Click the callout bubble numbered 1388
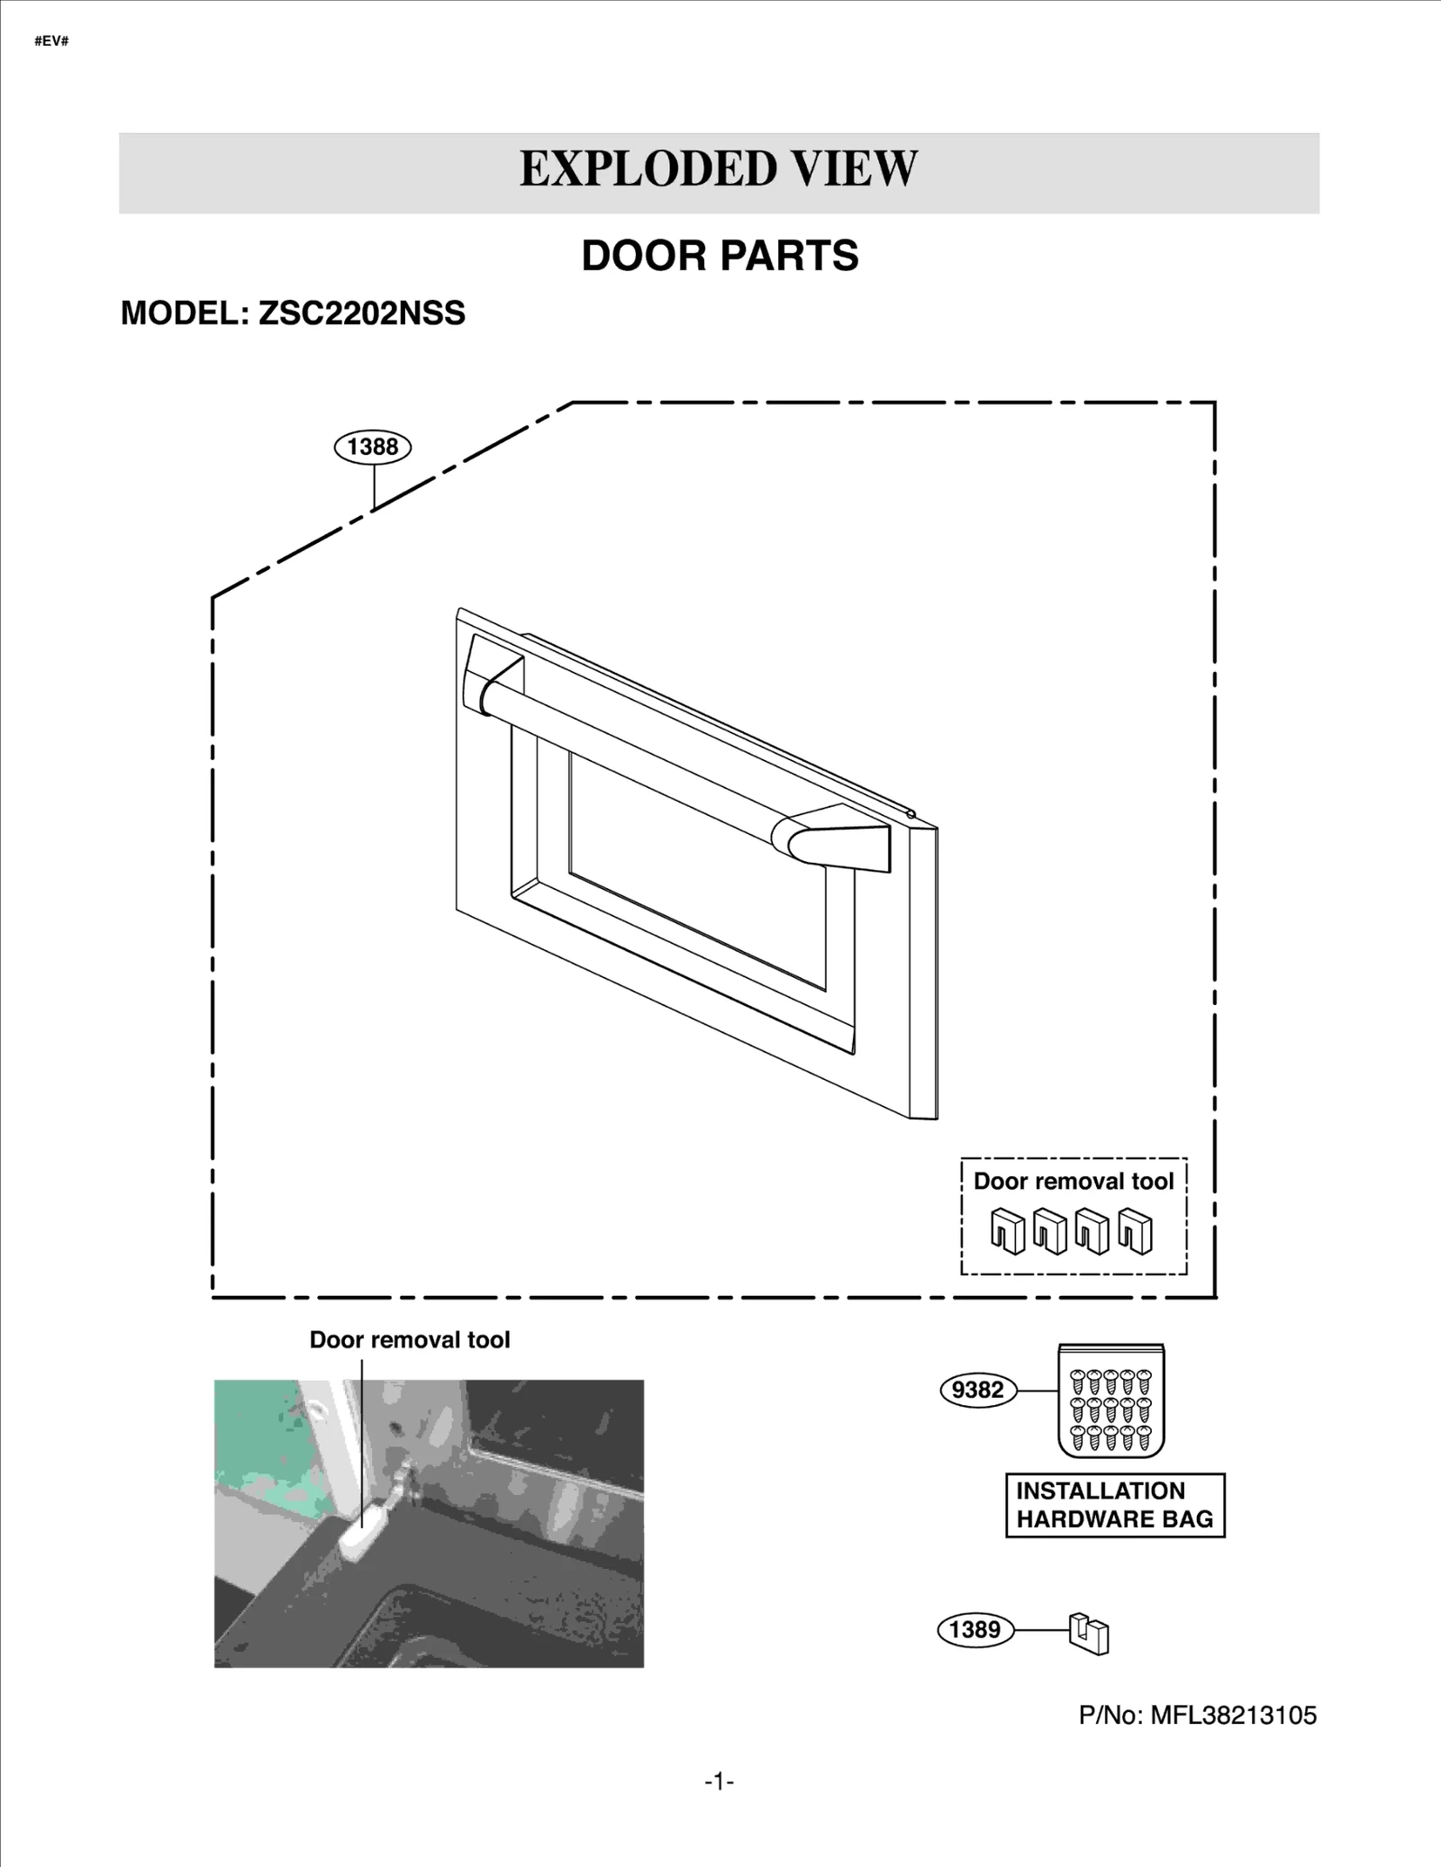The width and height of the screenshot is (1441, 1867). coord(372,447)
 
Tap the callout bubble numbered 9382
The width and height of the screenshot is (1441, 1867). coord(977,1390)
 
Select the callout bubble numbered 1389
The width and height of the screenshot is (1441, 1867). coord(975,1629)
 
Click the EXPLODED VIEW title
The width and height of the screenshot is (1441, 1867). coord(719,169)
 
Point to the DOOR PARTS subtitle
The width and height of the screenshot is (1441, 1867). coord(720,256)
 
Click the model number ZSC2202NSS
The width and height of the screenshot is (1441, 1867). coord(361,313)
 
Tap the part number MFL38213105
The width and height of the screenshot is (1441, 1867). coord(1233,1715)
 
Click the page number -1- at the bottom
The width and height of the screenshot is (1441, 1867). coord(719,1781)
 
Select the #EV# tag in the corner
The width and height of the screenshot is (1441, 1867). coord(51,42)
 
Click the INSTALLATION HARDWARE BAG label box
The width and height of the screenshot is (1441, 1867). coord(1115,1505)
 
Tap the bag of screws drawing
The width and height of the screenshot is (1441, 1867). coord(1110,1401)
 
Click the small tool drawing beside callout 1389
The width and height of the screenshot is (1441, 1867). coord(1089,1633)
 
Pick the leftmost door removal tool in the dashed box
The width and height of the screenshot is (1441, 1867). coord(1008,1230)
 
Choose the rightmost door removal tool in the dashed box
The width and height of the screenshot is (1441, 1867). coord(1135,1230)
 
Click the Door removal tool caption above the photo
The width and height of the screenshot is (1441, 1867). coord(410,1339)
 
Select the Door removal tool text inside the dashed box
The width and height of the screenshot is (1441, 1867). coord(1074,1181)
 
